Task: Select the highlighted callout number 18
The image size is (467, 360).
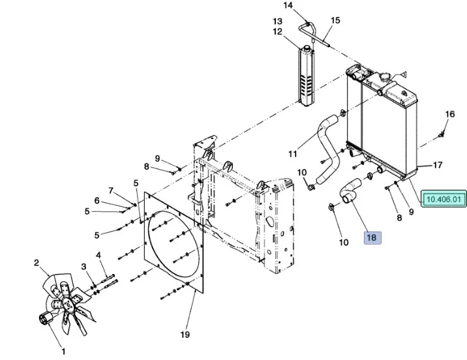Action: pyautogui.click(x=372, y=238)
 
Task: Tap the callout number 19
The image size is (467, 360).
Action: pyautogui.click(x=185, y=335)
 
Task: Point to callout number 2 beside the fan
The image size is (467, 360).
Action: pyautogui.click(x=37, y=263)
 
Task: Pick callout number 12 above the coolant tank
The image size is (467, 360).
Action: pyautogui.click(x=278, y=31)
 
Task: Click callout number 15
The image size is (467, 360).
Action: pyautogui.click(x=335, y=20)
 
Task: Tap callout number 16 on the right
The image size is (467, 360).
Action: pyautogui.click(x=449, y=115)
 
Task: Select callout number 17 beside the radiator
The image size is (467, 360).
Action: pyautogui.click(x=438, y=165)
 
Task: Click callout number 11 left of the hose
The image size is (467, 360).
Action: pyautogui.click(x=293, y=155)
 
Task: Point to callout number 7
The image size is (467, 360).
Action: pyautogui.click(x=111, y=190)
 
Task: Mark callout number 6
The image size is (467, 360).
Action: pyautogui.click(x=97, y=201)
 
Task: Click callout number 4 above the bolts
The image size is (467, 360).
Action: pyautogui.click(x=98, y=255)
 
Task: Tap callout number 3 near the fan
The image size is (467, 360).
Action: pyautogui.click(x=83, y=267)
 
